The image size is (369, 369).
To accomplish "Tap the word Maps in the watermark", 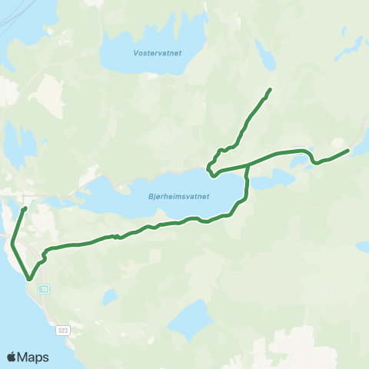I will click(35, 357).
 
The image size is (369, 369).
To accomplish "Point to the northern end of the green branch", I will click(271, 90).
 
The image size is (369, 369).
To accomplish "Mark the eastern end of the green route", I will click(348, 151).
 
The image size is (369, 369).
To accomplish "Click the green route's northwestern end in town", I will click(25, 208).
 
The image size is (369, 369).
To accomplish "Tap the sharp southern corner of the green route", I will click(29, 280).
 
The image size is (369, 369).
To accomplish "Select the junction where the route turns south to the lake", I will click(247, 165).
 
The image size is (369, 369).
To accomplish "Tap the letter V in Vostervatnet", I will click(135, 55).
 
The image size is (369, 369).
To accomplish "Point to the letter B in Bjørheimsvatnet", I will click(148, 196).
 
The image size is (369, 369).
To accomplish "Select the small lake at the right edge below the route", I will click(363, 246).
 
